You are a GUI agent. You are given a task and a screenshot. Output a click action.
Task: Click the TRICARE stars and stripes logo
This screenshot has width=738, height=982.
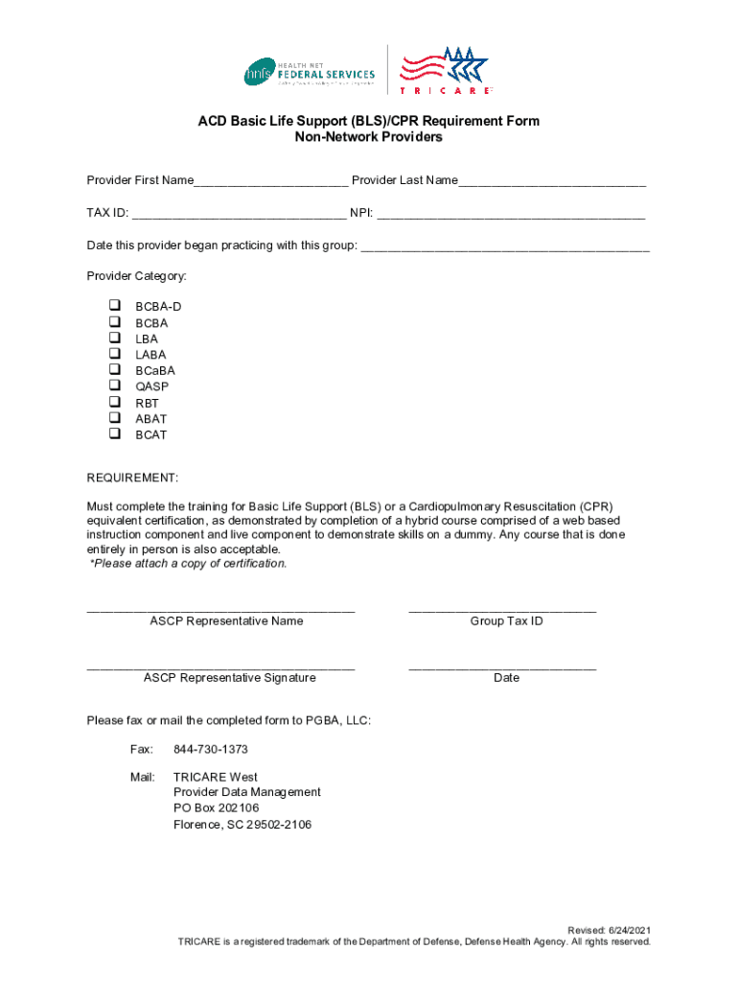pos(445,69)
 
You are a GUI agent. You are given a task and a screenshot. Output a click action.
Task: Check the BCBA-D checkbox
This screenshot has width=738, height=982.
pos(115,306)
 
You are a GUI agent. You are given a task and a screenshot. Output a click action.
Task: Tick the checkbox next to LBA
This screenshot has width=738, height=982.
pos(115,339)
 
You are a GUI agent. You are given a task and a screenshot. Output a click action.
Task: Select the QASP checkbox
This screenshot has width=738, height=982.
pos(115,386)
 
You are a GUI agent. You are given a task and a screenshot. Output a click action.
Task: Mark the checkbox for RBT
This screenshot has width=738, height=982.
pos(115,403)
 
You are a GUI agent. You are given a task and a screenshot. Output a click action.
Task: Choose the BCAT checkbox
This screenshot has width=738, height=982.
pos(115,434)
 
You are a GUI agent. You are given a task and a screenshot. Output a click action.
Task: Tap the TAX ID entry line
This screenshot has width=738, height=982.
pos(239,215)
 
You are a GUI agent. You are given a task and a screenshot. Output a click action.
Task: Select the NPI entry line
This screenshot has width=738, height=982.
pos(511,215)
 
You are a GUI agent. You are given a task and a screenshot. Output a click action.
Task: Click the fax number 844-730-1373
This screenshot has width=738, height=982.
pos(211,749)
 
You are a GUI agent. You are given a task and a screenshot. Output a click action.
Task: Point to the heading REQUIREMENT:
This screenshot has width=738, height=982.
pos(132,478)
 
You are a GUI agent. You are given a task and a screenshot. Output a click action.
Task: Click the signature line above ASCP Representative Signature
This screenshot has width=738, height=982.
pos(220,666)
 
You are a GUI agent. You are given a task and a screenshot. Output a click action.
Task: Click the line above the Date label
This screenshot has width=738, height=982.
pos(502,666)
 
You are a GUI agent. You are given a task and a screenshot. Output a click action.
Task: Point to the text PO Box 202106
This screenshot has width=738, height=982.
pos(216,808)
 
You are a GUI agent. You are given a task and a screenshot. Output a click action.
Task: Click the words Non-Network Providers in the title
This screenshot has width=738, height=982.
pos(368,137)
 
